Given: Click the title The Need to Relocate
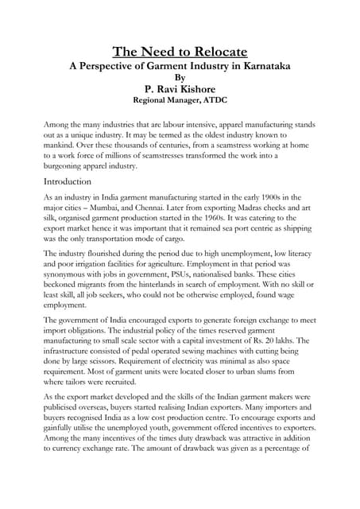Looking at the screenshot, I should pyautogui.click(x=180, y=52).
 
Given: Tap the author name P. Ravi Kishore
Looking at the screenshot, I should pyautogui.click(x=180, y=89).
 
